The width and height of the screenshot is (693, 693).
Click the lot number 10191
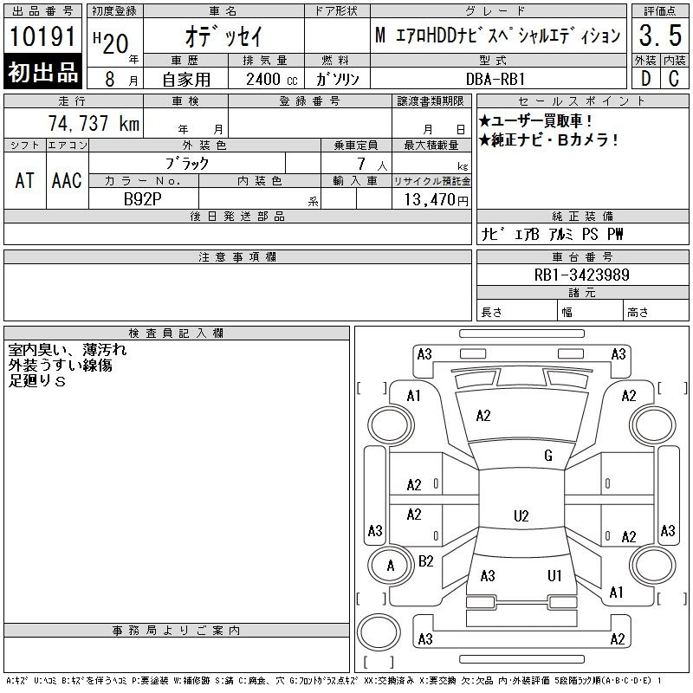(x=42, y=36)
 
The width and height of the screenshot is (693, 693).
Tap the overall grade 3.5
(x=660, y=36)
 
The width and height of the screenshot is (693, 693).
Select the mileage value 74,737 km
(x=94, y=123)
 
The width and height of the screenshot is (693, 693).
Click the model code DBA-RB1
(x=495, y=79)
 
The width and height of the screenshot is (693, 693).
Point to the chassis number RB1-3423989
(x=581, y=275)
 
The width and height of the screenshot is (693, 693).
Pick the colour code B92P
(x=142, y=199)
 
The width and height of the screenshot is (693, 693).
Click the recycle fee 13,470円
(x=437, y=200)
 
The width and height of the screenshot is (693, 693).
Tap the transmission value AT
(x=25, y=180)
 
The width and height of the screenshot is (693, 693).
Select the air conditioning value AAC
(x=67, y=180)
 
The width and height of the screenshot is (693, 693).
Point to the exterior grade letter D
(x=645, y=79)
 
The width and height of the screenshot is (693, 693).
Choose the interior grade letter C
(x=674, y=79)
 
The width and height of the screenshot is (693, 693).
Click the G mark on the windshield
(x=548, y=456)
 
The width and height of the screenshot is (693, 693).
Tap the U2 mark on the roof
(x=521, y=515)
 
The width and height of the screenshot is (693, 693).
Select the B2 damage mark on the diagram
(x=425, y=561)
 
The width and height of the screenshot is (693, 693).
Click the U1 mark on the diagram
(x=554, y=575)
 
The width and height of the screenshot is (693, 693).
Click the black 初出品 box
(x=42, y=72)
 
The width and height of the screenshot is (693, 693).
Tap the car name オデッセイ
(x=223, y=36)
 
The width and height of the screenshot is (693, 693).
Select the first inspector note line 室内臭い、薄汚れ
(x=68, y=350)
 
